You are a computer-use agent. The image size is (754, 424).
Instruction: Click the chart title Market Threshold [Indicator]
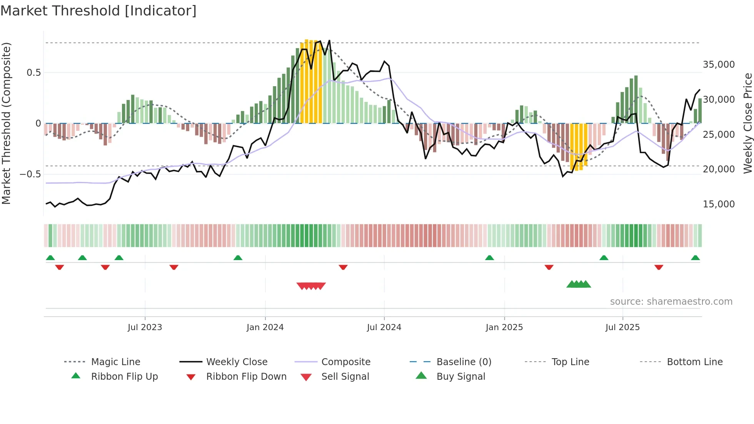click(98, 11)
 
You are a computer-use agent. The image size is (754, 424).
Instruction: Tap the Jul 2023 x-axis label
click(145, 327)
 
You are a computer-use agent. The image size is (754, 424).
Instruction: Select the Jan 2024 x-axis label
click(265, 327)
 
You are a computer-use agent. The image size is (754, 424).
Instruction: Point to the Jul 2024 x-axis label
click(384, 327)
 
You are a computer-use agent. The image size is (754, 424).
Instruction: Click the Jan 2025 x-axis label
click(504, 327)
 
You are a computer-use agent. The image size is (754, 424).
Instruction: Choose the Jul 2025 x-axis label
click(622, 327)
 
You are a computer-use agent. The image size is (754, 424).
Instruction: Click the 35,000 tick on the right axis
click(719, 65)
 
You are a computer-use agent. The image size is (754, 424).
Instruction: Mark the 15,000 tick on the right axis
click(719, 204)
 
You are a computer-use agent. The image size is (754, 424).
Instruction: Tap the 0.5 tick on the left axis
click(33, 73)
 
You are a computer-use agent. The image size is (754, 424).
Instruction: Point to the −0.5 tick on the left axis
click(30, 174)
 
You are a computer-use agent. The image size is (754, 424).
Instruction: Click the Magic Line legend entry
click(115, 362)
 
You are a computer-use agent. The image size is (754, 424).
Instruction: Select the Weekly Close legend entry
click(237, 362)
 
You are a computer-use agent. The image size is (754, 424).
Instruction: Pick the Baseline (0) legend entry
click(464, 362)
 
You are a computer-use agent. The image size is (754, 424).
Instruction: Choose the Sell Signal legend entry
click(345, 377)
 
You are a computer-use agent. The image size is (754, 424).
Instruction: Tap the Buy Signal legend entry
click(460, 377)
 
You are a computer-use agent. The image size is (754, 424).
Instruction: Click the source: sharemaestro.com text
click(671, 302)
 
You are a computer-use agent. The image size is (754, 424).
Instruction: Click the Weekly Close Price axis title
click(747, 123)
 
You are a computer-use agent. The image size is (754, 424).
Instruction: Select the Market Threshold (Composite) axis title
click(6, 123)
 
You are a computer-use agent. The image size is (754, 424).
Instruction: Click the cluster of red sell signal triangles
click(311, 286)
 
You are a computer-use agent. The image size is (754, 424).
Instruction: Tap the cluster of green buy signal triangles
click(579, 284)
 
